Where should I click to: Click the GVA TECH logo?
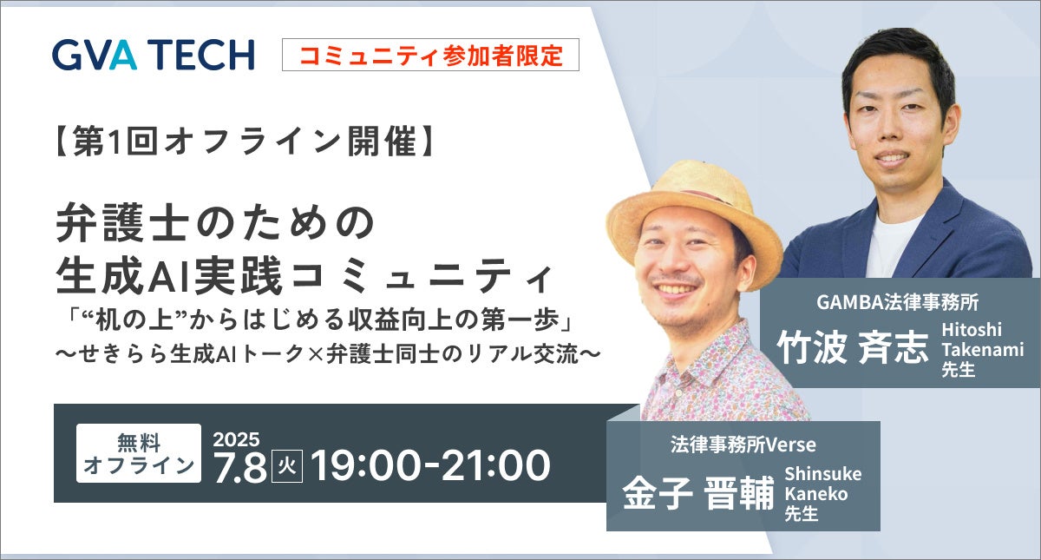coord(153,55)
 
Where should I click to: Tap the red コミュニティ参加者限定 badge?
coord(430,55)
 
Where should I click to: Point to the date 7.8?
coord(239,467)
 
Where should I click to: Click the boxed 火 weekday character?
coord(287,467)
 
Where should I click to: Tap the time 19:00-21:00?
coord(430,466)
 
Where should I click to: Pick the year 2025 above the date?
coord(236,438)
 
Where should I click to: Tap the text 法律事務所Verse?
coord(743,445)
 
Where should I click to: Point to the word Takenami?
coord(983,349)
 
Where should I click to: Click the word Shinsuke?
coord(822,474)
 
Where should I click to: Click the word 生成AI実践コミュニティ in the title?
coord(303,278)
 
